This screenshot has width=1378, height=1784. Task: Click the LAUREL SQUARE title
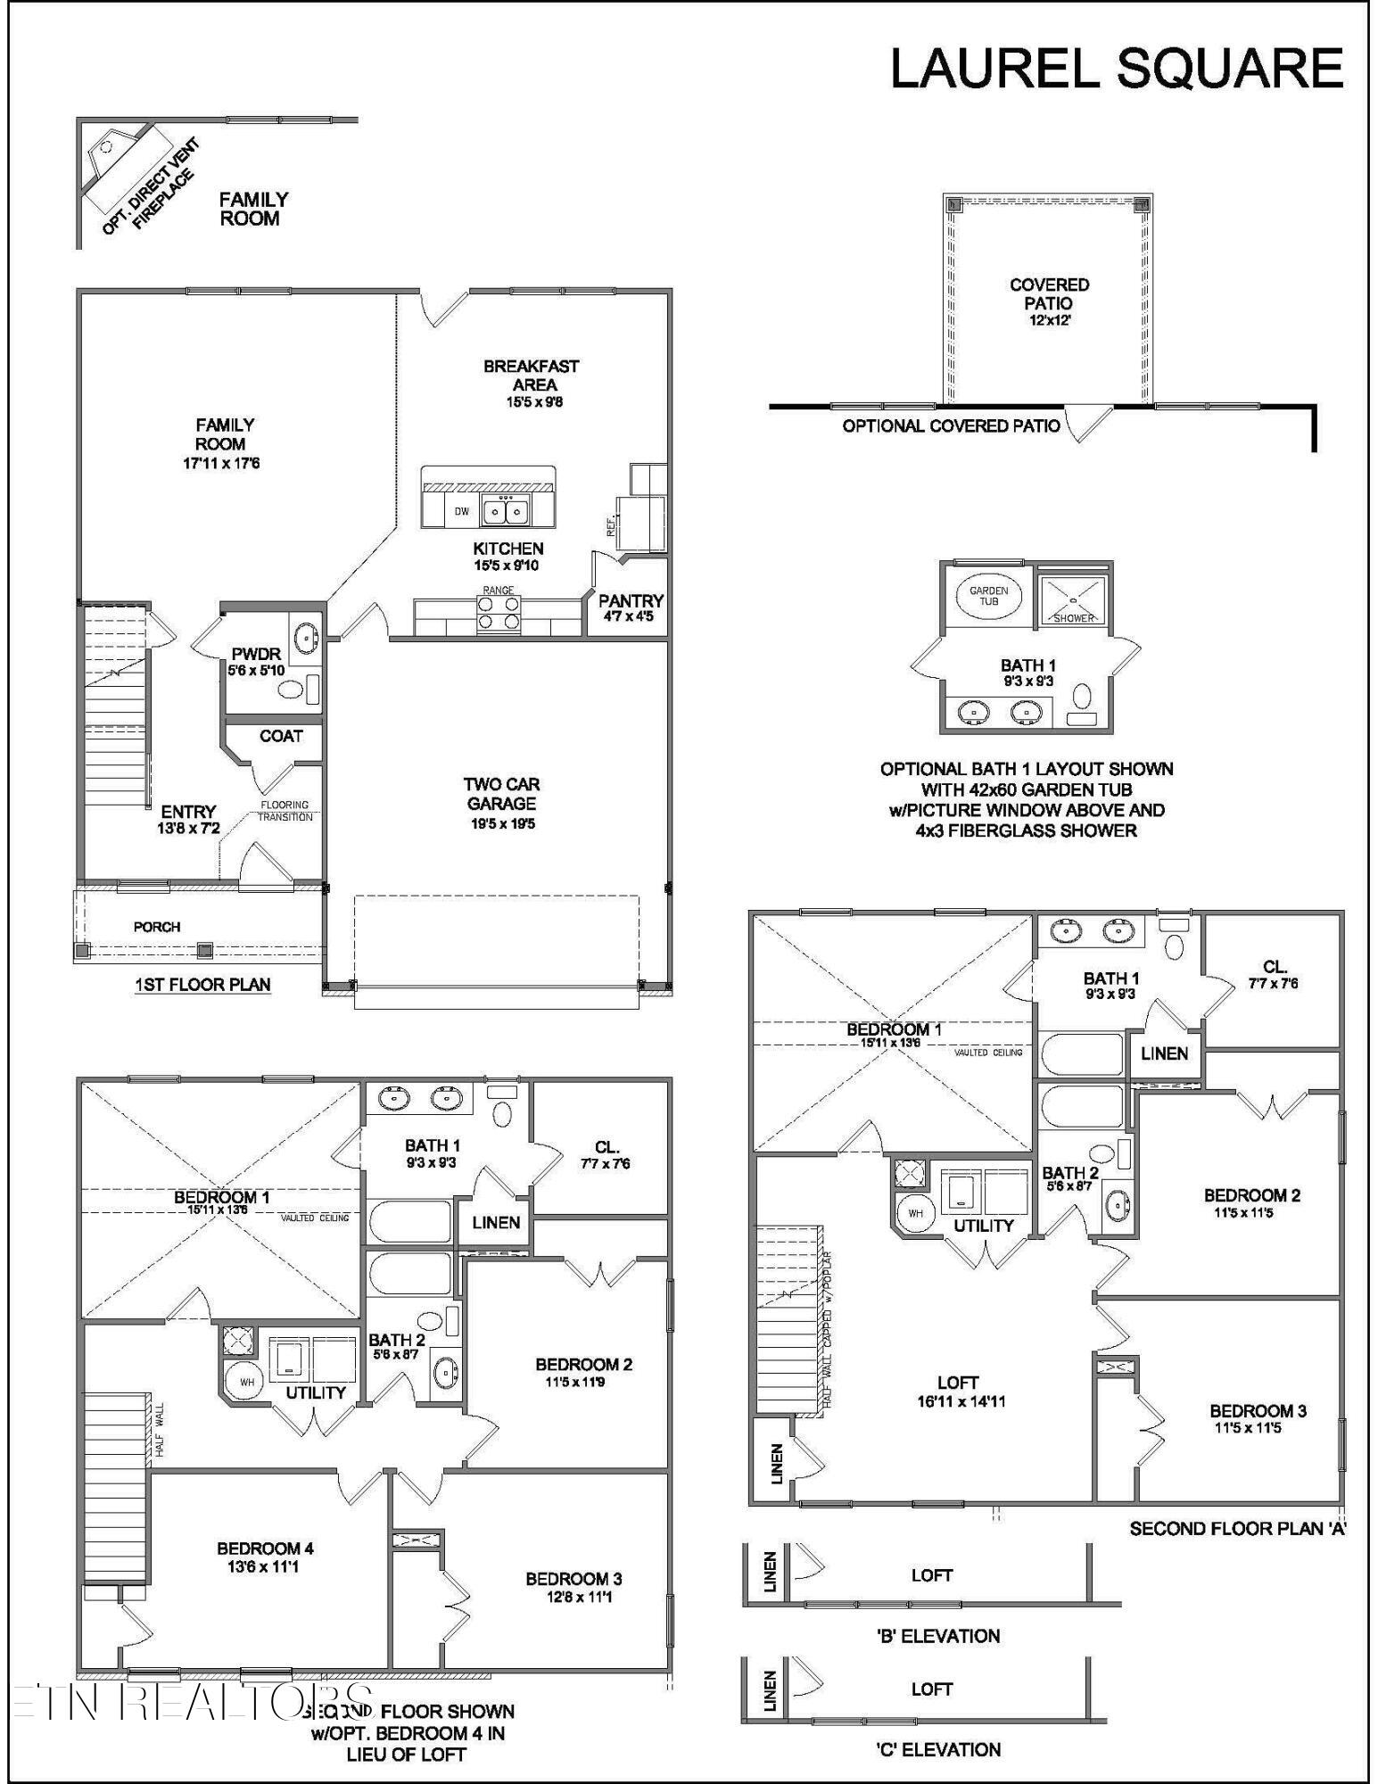1117,69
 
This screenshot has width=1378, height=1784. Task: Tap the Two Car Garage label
502,802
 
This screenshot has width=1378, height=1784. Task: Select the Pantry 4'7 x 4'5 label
631,607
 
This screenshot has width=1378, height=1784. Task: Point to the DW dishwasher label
461,511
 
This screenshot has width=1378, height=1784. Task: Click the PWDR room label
256,661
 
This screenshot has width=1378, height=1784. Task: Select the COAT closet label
281,736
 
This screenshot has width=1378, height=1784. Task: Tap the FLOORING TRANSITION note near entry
285,810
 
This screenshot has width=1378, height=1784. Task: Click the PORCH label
157,927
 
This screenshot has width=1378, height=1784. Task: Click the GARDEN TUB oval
988,595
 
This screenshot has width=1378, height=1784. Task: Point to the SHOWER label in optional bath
1073,618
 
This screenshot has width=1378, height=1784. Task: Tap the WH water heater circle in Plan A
916,1213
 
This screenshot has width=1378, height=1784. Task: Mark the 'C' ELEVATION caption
937,1749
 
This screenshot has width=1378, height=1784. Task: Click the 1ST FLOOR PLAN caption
202,985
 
